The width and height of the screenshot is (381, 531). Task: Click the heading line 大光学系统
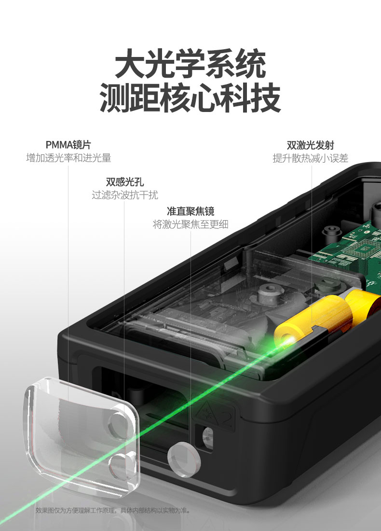tap(190, 63)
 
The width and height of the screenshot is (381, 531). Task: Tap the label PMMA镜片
tap(68, 145)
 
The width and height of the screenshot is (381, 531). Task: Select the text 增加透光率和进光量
tap(68, 158)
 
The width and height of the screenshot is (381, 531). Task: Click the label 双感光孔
tap(125, 182)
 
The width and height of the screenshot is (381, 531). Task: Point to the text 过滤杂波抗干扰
tap(125, 195)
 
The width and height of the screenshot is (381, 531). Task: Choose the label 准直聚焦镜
tap(190, 211)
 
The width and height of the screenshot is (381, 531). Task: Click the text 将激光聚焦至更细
tap(190, 224)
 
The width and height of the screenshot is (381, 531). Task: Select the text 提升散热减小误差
tap(311, 158)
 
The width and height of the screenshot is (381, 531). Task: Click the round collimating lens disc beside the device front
tap(184, 459)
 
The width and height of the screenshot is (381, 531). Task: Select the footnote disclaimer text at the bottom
tap(114, 510)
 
